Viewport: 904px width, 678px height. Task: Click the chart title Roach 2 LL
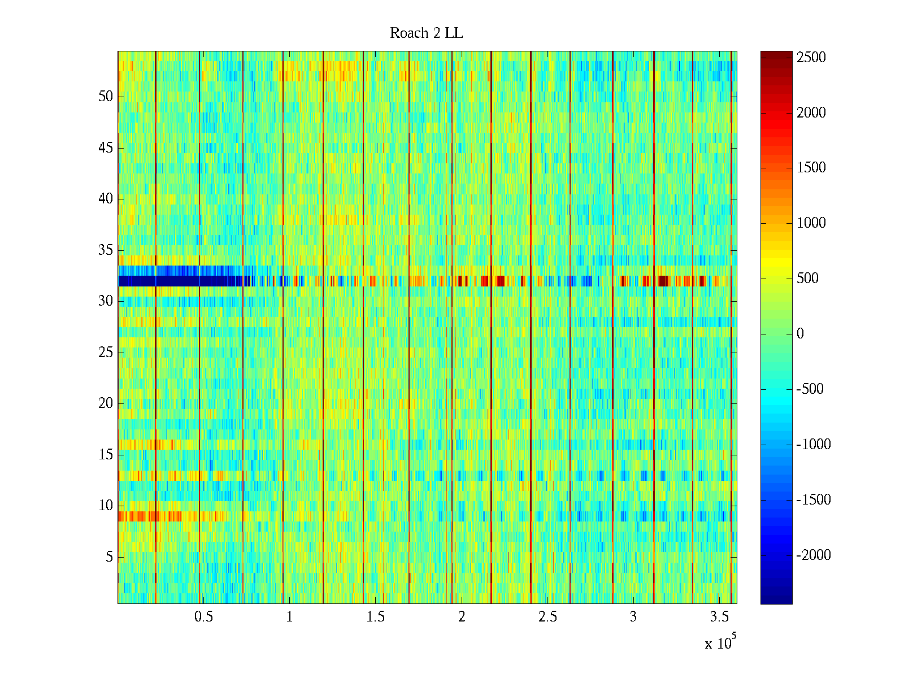[x=426, y=33]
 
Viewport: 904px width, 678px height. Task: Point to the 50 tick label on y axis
[x=106, y=97]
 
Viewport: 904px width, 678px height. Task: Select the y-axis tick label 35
[x=106, y=250]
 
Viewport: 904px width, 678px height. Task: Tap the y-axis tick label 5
[x=109, y=557]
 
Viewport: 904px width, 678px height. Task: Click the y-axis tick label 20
[x=106, y=403]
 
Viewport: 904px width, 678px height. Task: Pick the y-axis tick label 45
[x=106, y=148]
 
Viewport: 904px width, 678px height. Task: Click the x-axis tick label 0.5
[x=203, y=617]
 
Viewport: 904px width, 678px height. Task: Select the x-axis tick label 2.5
[x=547, y=617]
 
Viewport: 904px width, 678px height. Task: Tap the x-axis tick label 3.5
[x=719, y=617]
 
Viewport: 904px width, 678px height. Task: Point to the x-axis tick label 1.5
[x=376, y=617]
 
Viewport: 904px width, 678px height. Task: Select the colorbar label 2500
[x=811, y=58]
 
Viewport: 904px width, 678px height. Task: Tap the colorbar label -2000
[x=814, y=555]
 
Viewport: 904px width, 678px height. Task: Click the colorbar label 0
[x=800, y=334]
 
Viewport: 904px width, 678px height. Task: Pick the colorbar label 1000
[x=811, y=223]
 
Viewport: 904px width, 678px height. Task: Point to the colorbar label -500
[x=810, y=389]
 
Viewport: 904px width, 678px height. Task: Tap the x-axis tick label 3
[x=633, y=617]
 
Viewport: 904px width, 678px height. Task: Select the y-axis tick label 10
[x=106, y=506]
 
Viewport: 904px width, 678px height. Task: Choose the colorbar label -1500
[x=814, y=500]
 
